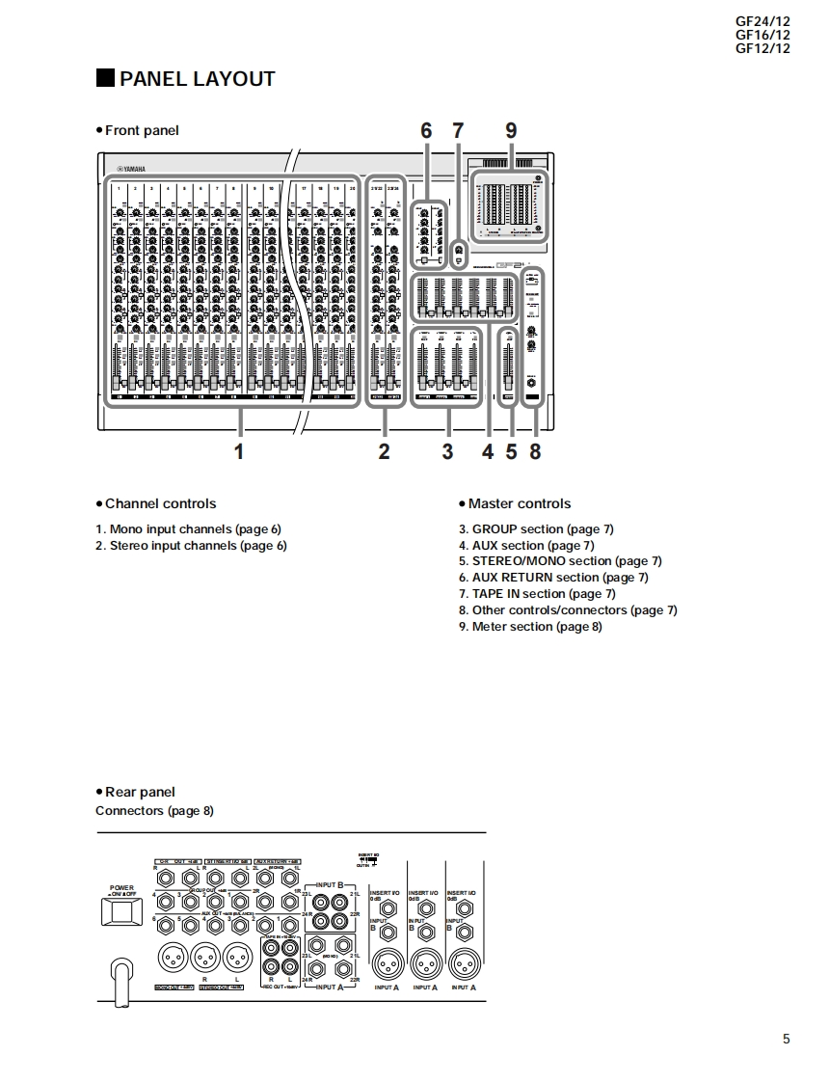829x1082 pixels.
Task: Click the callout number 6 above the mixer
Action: [426, 131]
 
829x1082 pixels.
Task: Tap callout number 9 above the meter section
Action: [511, 131]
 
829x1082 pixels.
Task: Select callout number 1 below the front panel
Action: [239, 451]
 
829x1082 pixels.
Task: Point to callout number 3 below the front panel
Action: [447, 451]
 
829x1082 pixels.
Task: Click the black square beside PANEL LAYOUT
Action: [105, 79]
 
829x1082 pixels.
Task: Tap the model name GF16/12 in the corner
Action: [762, 35]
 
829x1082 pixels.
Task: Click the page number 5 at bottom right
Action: [786, 1039]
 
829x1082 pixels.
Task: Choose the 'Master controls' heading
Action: [519, 503]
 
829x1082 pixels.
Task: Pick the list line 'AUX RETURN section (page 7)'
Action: [553, 578]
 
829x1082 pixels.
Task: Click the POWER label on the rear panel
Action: [121, 887]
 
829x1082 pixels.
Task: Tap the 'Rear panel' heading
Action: [140, 792]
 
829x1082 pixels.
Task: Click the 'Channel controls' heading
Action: [160, 503]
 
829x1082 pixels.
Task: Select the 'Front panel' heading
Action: [142, 130]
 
